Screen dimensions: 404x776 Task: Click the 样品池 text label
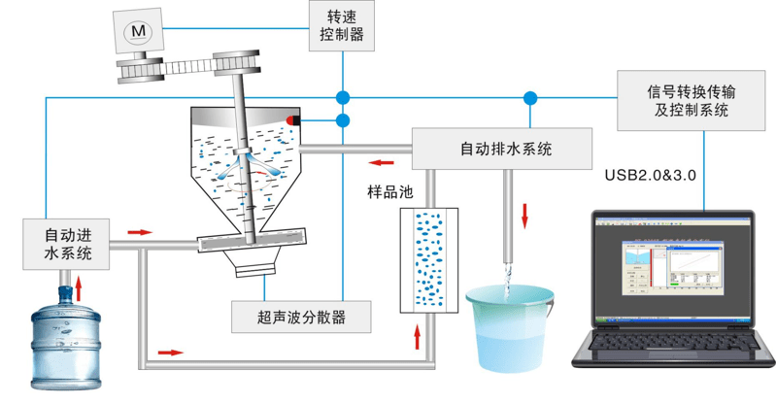pyautogui.click(x=389, y=192)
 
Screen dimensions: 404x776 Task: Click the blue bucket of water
pyautogui.click(x=509, y=325)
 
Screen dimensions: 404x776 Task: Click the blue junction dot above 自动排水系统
pyautogui.click(x=529, y=97)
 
